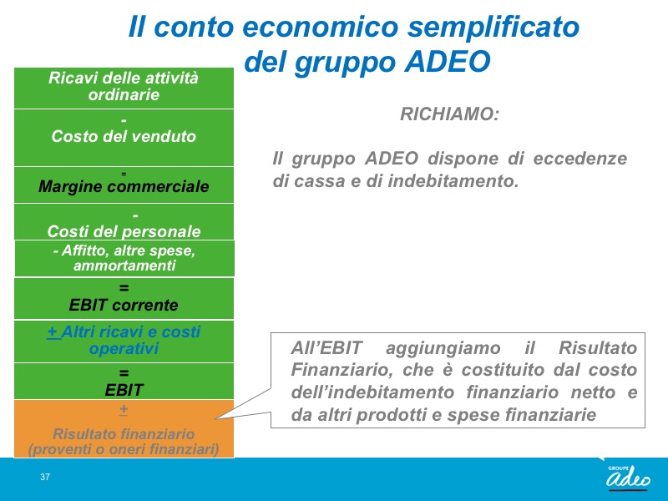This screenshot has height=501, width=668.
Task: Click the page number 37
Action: coord(45,477)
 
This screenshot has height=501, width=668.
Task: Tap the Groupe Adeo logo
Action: coord(629,477)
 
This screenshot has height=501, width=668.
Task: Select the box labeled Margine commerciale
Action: coord(124,185)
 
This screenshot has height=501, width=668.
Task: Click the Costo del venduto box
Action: coord(124,138)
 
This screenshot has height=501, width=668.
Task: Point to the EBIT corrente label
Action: coord(124,305)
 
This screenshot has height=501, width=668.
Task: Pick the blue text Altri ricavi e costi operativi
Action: coord(124,340)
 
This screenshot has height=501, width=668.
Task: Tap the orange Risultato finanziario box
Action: coord(124,428)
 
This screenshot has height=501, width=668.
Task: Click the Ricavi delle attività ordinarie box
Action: coord(124,89)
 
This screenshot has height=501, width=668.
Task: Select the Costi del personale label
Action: coord(124,231)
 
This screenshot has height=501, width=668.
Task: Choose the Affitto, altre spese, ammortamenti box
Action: coord(124,258)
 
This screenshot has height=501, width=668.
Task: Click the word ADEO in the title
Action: coord(448,61)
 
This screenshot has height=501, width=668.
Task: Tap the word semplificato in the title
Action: coord(493,27)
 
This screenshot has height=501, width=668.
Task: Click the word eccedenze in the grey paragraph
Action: coord(580,159)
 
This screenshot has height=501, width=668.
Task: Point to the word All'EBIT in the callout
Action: coord(326,348)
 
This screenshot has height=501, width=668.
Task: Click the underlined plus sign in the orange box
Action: coord(124,409)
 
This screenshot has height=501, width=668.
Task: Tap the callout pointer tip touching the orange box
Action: coord(215,419)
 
